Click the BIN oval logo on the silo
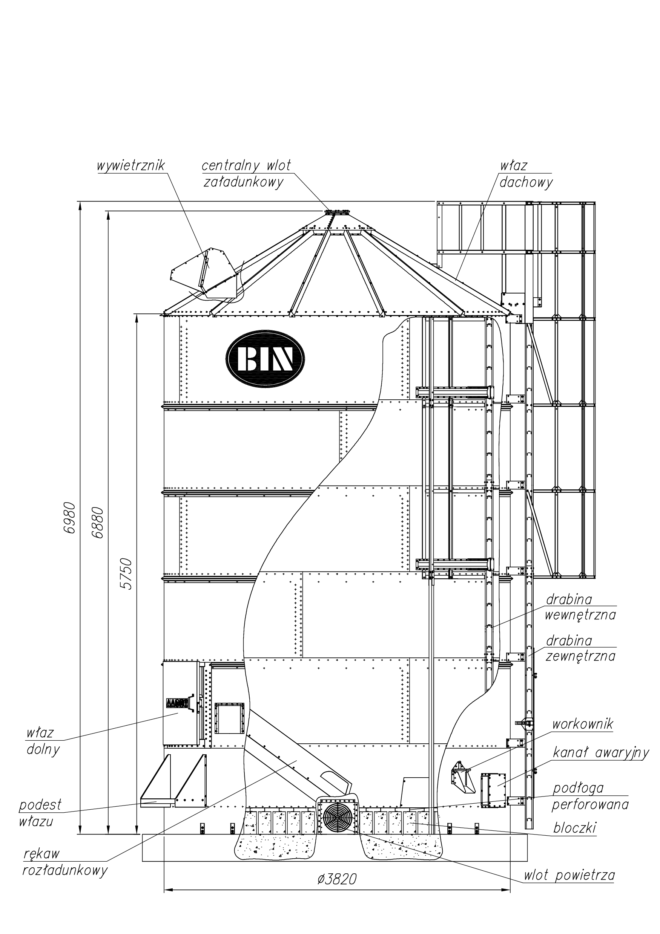click(265, 359)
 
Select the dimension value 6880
click(98, 522)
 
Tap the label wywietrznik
click(131, 166)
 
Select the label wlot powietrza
click(569, 887)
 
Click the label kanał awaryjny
click(600, 753)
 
